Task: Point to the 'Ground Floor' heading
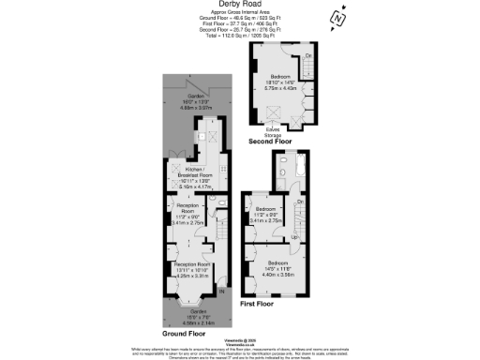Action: (183, 333)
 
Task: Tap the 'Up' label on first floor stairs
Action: (296, 237)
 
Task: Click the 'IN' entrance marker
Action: (222, 292)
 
